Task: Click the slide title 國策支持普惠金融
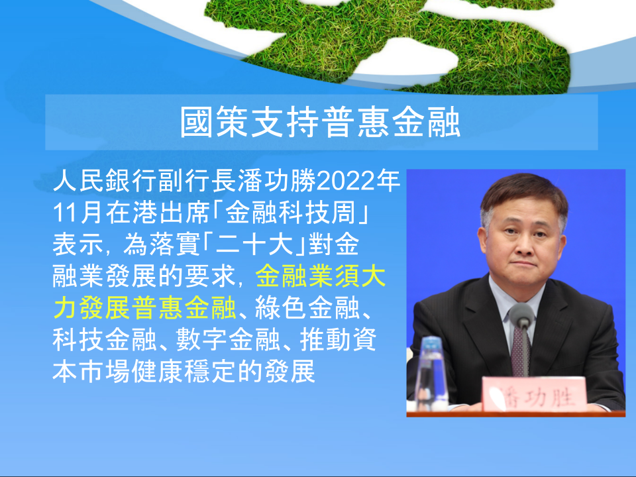(x=321, y=122)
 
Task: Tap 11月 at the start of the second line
(x=77, y=213)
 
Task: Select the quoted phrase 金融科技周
(x=290, y=213)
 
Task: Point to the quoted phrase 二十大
(x=255, y=244)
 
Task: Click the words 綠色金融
(x=307, y=308)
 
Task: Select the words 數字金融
(x=228, y=340)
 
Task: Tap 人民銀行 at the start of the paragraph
(x=105, y=181)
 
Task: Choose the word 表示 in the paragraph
(x=79, y=244)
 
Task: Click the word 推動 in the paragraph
(x=325, y=340)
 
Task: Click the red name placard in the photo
(x=534, y=394)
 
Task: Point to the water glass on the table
(x=430, y=373)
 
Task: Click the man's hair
(x=523, y=193)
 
